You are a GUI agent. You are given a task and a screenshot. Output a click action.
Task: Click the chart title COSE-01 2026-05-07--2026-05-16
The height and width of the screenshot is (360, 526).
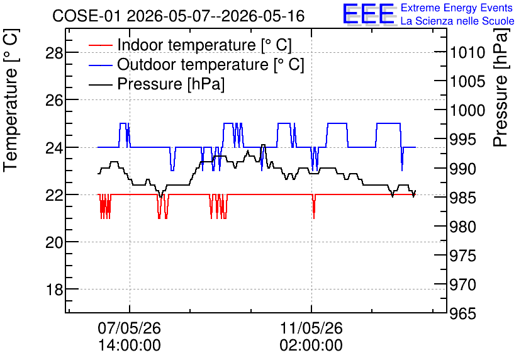179,16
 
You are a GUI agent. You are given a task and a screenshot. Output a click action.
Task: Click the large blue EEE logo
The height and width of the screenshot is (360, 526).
368,14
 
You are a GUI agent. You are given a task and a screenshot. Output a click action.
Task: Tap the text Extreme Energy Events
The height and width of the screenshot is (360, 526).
457,8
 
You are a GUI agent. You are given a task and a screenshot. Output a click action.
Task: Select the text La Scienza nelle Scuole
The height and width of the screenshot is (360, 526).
457,21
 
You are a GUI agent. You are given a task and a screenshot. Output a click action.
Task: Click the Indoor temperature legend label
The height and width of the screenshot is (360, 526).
204,45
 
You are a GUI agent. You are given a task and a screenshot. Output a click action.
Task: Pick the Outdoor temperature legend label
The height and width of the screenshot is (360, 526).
210,64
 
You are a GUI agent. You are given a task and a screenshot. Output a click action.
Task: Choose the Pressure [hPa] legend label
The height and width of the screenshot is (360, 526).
171,84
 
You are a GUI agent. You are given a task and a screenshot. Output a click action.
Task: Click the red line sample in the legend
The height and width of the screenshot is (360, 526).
100,45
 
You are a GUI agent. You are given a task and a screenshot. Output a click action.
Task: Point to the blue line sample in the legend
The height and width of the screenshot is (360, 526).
100,65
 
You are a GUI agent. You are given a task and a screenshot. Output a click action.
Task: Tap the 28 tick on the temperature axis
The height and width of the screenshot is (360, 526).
54,53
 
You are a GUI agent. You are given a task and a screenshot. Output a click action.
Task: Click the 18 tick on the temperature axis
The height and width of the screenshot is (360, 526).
54,290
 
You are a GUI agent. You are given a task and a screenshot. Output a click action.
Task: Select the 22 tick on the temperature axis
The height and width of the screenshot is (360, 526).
54,195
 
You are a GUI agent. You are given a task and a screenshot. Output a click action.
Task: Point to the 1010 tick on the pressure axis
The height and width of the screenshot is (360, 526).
467,53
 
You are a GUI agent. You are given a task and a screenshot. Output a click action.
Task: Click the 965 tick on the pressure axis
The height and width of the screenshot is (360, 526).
463,313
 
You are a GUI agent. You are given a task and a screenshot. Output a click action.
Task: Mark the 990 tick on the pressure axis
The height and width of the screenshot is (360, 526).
463,169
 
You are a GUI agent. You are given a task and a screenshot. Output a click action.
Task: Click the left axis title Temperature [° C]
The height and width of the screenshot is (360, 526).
11,100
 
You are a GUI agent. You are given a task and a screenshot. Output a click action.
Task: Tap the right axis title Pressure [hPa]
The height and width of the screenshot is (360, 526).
500,87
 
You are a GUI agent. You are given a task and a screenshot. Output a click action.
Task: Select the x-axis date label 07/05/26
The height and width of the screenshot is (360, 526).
130,328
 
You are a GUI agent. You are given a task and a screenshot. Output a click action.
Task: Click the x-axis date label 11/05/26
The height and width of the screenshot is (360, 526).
311,328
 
